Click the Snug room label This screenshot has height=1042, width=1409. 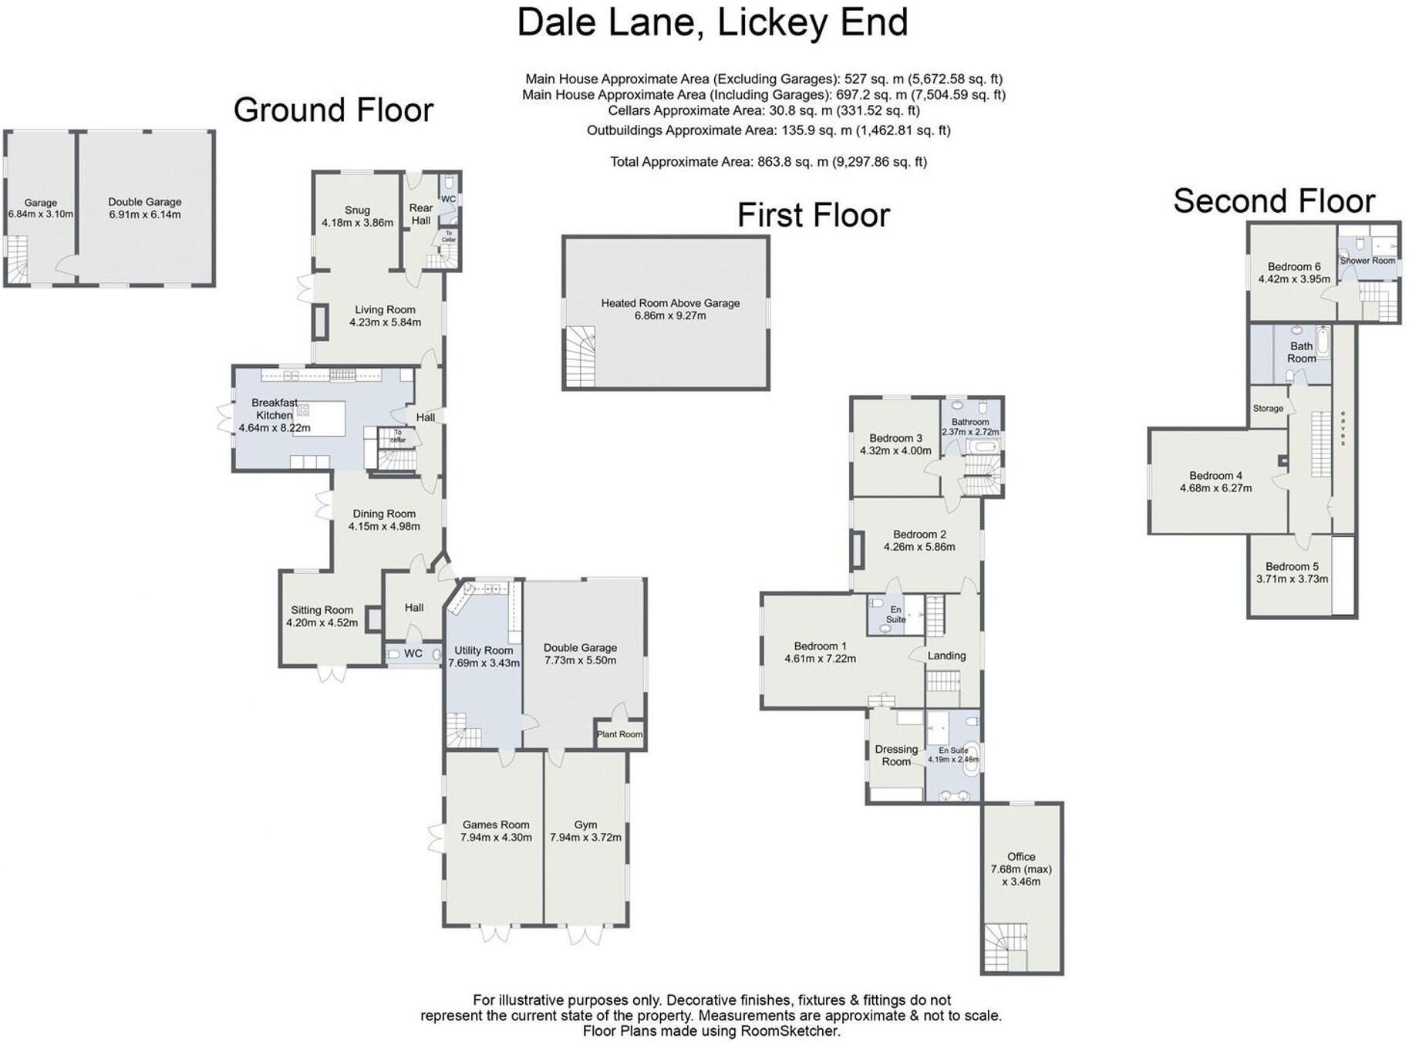357,210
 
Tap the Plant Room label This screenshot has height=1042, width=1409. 619,734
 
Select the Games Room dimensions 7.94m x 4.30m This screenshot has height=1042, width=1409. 496,838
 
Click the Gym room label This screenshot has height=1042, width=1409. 585,824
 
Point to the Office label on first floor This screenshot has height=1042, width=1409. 1020,857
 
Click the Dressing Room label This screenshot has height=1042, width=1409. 896,755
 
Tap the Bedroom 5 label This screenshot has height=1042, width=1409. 1292,566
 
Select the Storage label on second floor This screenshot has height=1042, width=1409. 1268,408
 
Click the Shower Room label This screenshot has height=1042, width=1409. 1367,261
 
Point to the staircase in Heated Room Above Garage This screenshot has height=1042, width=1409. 580,356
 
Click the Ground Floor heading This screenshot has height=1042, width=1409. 333,110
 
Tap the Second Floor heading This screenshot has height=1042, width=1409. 1273,201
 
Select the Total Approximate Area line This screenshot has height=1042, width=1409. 768,162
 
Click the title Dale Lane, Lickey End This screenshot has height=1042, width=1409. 712,22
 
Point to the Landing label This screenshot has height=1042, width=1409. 946,656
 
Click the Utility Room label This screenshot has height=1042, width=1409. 484,650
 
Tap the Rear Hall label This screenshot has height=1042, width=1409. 420,214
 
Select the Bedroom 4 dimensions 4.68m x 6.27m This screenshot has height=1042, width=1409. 1215,488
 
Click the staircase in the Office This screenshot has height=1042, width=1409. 1005,946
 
